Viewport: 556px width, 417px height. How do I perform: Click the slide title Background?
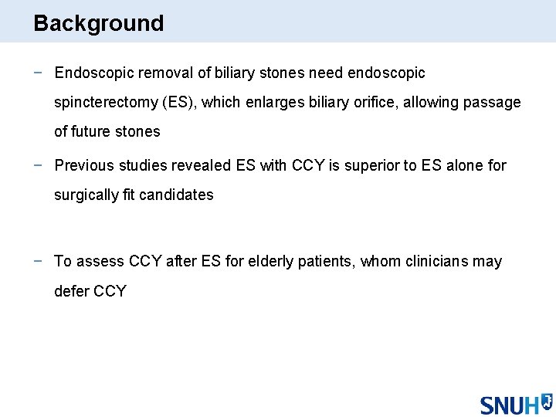(99, 23)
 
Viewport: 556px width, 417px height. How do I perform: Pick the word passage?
(494, 102)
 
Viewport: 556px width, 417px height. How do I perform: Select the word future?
(92, 131)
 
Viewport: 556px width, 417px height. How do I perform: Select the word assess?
(100, 261)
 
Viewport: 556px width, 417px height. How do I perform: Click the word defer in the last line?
(72, 291)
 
